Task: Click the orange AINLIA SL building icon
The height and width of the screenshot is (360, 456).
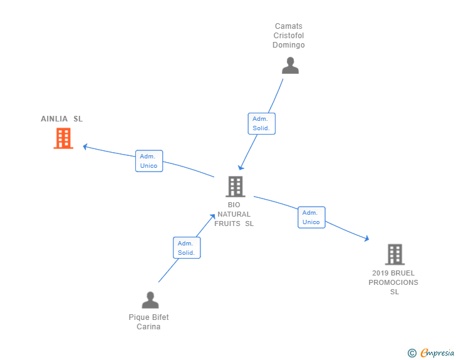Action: pos(63,138)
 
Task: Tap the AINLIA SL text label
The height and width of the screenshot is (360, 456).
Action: pos(61,118)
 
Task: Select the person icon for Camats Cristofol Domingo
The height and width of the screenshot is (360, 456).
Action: pos(290,66)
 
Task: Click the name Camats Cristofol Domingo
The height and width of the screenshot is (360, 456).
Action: pos(289,36)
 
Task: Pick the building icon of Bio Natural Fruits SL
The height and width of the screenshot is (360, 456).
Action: pos(236,187)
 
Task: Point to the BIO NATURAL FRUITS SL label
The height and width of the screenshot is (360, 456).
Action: pos(234,214)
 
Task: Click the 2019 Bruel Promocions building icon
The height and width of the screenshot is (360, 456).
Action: pos(395,254)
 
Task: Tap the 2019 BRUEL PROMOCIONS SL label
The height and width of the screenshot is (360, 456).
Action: pos(393,282)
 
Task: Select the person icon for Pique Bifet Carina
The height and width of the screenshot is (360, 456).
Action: pos(150,300)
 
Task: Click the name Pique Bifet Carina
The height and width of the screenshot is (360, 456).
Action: pos(148,322)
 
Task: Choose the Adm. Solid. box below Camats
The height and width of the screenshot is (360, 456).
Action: pos(261,123)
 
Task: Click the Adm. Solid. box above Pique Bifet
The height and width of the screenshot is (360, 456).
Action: pos(187,248)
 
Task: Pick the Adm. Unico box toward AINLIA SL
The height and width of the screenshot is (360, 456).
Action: pos(149,161)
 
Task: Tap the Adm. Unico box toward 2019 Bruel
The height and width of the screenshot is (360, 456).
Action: pos(311,217)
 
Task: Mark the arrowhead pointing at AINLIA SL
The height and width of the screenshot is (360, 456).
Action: pos(85,147)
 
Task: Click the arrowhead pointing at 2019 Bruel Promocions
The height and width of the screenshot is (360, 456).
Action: pos(366,239)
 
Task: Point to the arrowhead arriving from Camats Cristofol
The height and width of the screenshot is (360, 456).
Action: pos(241,167)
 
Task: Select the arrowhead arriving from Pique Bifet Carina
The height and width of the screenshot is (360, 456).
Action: pos(212,217)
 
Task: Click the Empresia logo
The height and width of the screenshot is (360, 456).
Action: pos(437,352)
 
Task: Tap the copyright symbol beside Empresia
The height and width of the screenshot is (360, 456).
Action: pos(412,353)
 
